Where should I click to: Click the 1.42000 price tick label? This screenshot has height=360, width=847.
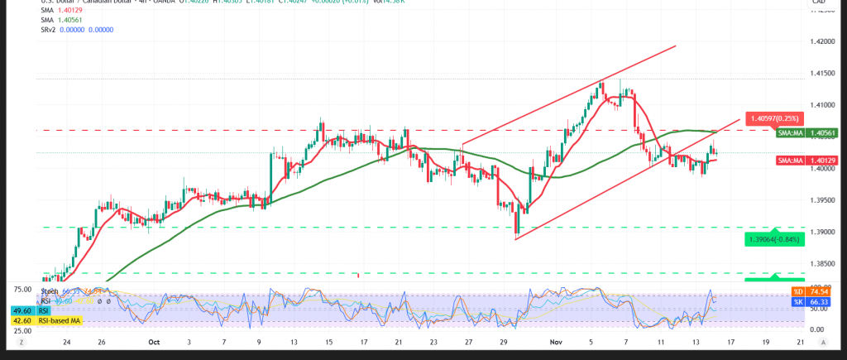point(823,41)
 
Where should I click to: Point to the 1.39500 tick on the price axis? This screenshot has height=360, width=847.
point(823,200)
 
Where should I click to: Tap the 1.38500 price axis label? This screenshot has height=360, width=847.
point(823,264)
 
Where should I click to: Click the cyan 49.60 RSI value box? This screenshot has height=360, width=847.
point(22,310)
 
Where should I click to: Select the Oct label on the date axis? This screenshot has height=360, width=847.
point(153,341)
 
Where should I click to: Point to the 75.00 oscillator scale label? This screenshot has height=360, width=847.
point(23,290)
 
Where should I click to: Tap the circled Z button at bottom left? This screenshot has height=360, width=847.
point(22,341)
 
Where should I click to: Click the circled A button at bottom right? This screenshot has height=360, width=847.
point(823,341)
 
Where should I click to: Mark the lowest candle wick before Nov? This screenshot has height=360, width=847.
point(515,238)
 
